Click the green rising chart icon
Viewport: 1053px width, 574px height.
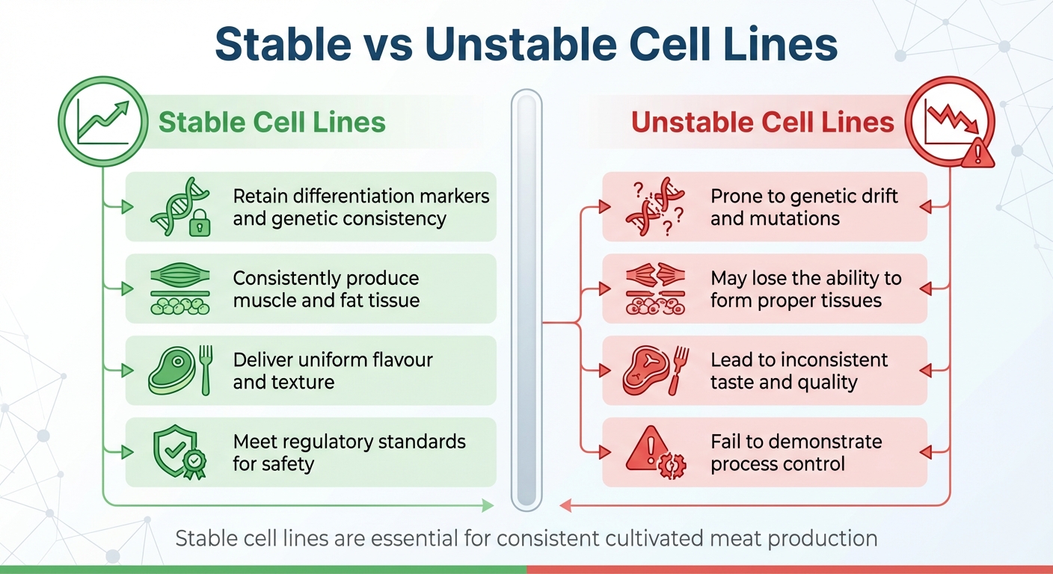point(104,122)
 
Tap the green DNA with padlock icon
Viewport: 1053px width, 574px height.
point(180,207)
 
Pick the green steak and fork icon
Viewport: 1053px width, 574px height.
point(180,371)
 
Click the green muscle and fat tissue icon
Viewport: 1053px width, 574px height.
point(180,289)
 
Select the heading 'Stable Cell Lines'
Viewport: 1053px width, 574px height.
point(272,122)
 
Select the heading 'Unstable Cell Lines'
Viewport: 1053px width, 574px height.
point(763,122)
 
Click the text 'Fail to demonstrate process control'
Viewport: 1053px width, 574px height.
point(796,452)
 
